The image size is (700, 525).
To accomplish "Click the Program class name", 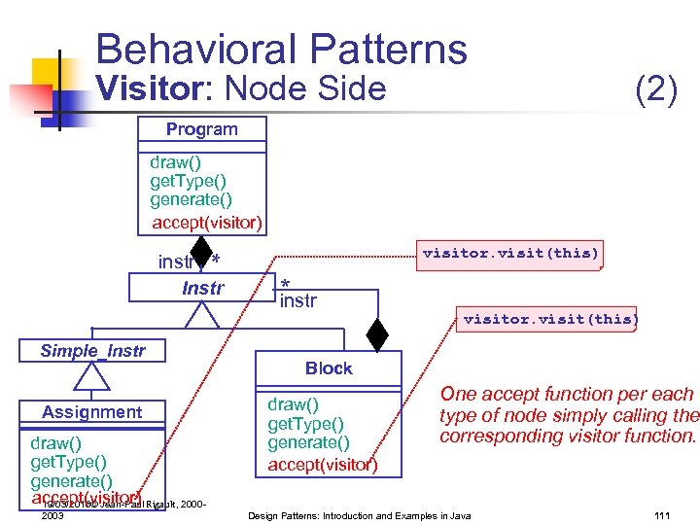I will click(201, 129).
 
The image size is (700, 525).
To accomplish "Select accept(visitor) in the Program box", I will click(206, 223).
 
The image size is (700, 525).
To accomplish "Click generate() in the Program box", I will click(191, 199).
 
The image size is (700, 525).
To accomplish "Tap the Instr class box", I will click(202, 288).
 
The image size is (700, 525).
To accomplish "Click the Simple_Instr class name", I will click(92, 351).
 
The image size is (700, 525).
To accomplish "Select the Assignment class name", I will click(91, 412).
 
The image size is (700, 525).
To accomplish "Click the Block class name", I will click(329, 368).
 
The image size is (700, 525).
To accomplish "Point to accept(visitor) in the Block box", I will click(323, 465).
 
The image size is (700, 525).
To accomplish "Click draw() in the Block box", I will click(293, 403).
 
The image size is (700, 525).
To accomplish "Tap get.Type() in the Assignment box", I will click(68, 462).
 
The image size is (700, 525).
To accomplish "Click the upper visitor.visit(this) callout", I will click(510, 254).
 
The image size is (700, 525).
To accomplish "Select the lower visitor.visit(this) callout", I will click(550, 319).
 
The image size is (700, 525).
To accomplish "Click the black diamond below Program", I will click(201, 254).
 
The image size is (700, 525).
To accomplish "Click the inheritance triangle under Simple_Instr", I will click(92, 375).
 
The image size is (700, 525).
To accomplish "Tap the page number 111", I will click(663, 514).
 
